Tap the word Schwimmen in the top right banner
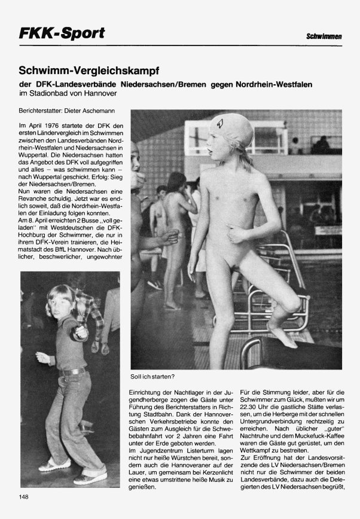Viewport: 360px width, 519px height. tap(324, 37)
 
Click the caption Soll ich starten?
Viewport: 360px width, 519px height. tap(152, 377)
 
